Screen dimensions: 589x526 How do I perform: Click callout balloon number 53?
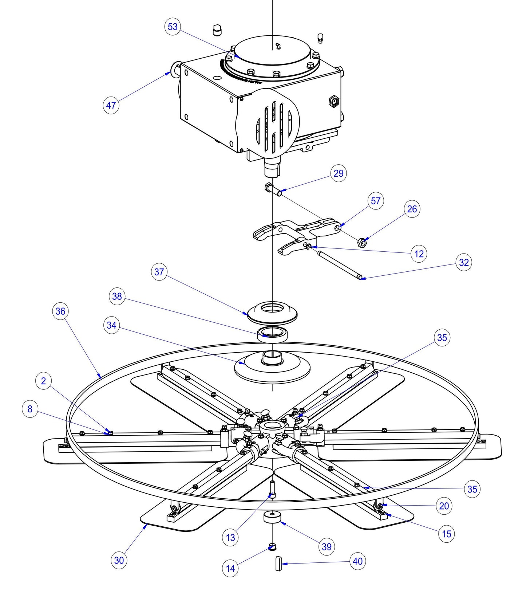173,27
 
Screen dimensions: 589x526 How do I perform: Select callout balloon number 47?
111,105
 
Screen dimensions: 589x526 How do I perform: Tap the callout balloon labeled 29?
339,173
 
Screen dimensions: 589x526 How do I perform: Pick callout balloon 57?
376,201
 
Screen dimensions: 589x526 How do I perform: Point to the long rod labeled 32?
339,264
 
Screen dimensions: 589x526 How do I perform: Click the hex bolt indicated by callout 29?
273,189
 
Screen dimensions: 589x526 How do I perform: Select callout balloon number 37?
159,272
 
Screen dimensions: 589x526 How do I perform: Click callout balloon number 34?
111,325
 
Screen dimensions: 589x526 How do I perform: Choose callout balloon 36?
60,311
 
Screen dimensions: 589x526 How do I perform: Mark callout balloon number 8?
30,409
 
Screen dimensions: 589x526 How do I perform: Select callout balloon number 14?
230,568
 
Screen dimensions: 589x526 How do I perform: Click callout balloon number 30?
119,560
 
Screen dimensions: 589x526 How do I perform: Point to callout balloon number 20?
444,506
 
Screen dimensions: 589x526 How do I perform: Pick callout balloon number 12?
419,254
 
